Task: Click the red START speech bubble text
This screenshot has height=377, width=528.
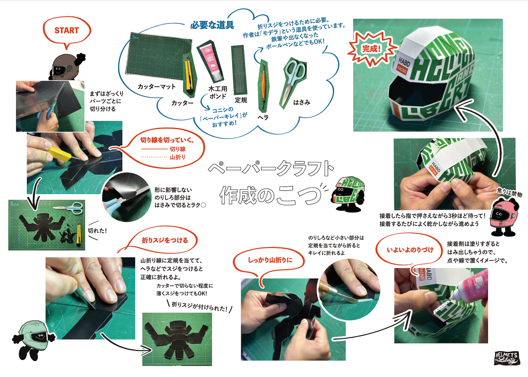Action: pyautogui.click(x=67, y=30)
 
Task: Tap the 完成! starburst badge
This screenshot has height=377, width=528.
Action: pyautogui.click(x=371, y=49)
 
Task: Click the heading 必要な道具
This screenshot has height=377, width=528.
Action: pyautogui.click(x=212, y=25)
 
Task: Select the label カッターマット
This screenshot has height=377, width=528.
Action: pyautogui.click(x=157, y=87)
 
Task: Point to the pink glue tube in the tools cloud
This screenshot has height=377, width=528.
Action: pyautogui.click(x=210, y=62)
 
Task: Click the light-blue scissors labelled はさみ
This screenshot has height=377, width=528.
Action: pyautogui.click(x=293, y=82)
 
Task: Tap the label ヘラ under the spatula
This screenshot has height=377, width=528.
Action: pyautogui.click(x=263, y=118)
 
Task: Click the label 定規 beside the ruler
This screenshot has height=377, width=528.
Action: pyautogui.click(x=241, y=100)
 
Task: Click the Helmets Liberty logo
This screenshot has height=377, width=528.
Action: pyautogui.click(x=507, y=358)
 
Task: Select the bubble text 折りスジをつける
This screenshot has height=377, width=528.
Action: pyautogui.click(x=165, y=240)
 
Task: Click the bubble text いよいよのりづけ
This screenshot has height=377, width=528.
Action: pyautogui.click(x=410, y=250)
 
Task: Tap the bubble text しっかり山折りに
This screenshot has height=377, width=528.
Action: pyautogui.click(x=270, y=260)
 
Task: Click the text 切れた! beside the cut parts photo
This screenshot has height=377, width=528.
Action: pyautogui.click(x=98, y=231)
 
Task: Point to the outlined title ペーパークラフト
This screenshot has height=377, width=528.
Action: pyautogui.click(x=271, y=169)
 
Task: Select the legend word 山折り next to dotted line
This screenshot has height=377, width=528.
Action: pyautogui.click(x=177, y=157)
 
